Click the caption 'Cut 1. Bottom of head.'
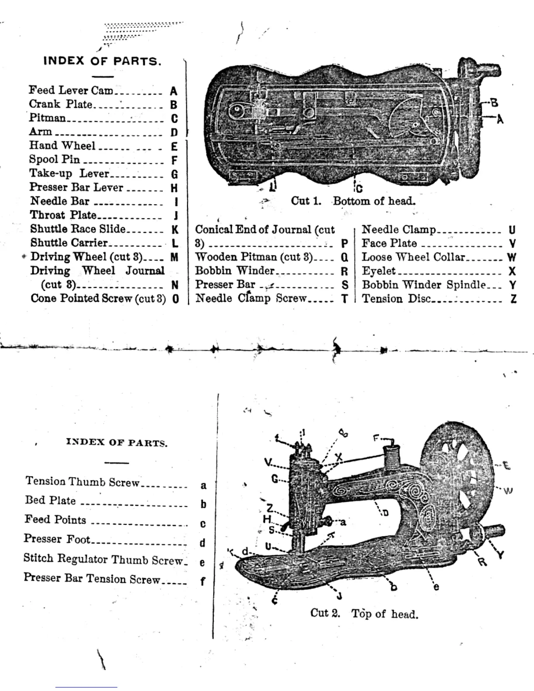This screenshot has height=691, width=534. [353, 201]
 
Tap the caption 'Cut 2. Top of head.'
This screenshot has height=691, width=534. [364, 613]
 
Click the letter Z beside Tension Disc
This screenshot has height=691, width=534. [513, 299]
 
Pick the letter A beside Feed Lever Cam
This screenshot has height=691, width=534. [174, 91]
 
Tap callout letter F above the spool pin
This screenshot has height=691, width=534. [376, 438]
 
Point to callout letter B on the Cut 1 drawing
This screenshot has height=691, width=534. [494, 103]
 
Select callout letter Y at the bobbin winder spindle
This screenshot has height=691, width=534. [500, 555]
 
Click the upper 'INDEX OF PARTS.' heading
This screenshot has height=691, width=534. [103, 61]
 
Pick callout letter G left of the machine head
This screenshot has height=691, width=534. [275, 479]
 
